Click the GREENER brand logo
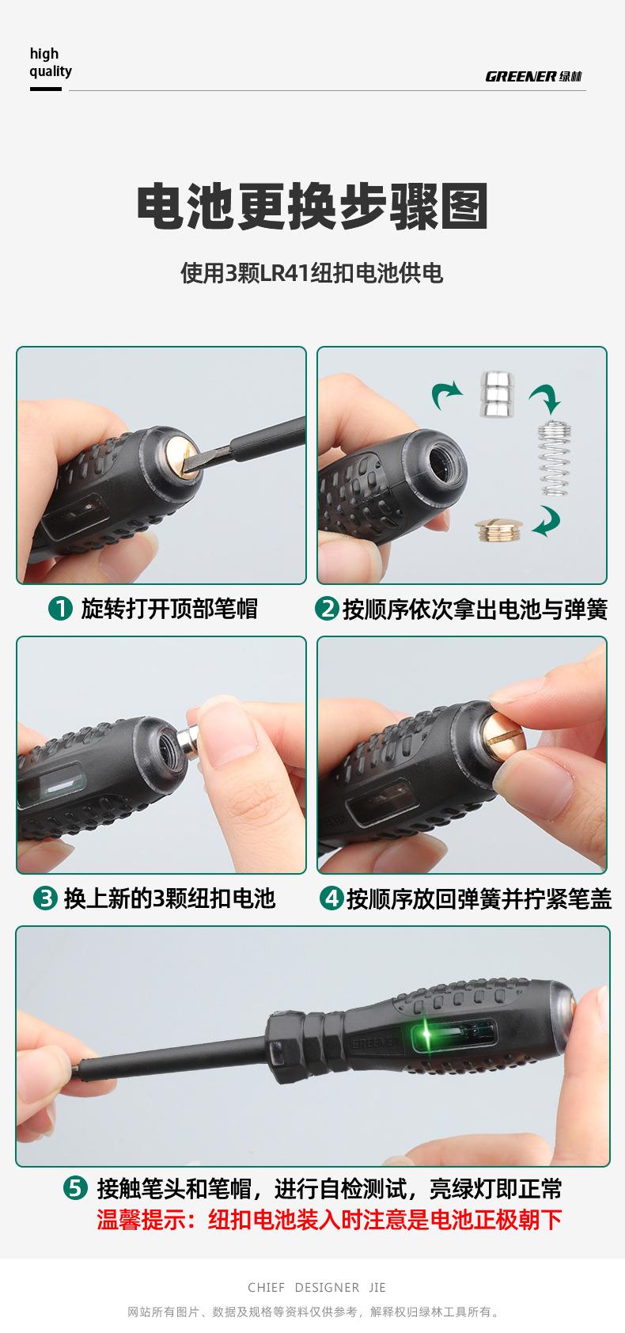point(533,76)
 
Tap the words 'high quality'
point(51,63)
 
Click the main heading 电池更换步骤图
point(312,207)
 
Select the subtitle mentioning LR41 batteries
point(312,274)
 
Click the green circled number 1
point(60,609)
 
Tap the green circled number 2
point(327,609)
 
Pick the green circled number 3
point(45,898)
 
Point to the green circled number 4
point(331,898)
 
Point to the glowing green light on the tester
point(427,1035)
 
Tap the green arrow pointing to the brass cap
point(547,522)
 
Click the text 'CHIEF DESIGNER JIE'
point(316,1287)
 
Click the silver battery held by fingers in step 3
point(191,740)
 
